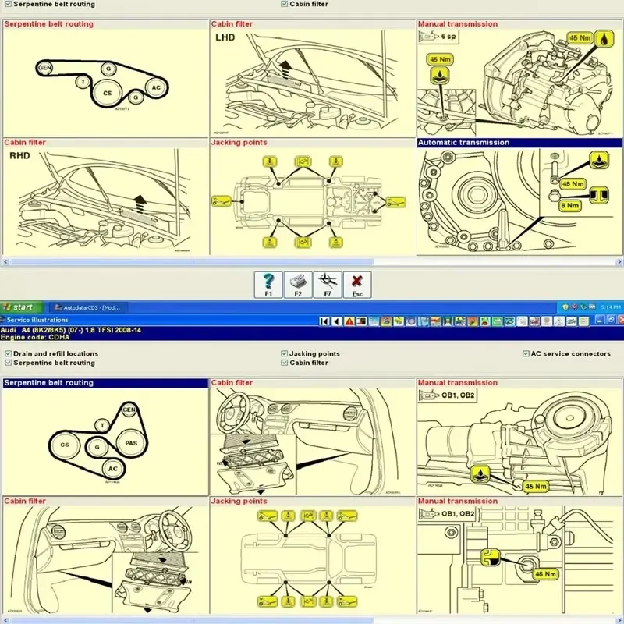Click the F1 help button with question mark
pos(268,284)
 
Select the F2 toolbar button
pos(298,284)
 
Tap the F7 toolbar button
pos(328,284)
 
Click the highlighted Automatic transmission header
pos(464,143)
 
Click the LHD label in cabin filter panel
pos(225,37)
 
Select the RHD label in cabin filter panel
pos(19,155)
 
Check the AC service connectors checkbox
pos(525,353)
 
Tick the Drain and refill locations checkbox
pos(8,353)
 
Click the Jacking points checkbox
pos(285,353)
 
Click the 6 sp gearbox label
pos(448,36)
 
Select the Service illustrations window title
pos(37,320)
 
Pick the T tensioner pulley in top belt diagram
pos(83,81)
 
